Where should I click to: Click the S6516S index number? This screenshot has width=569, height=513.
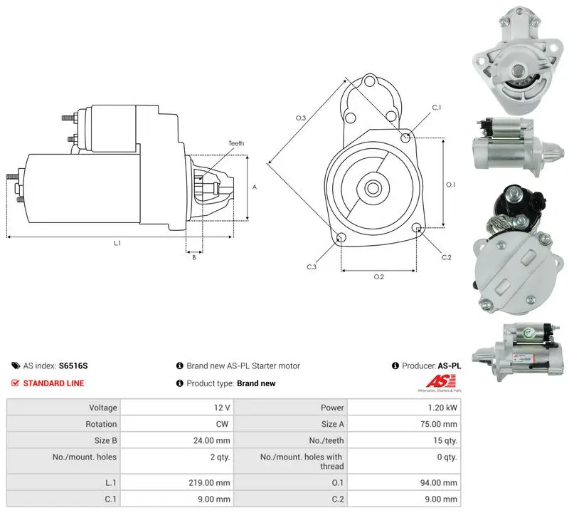pyautogui.click(x=73, y=366)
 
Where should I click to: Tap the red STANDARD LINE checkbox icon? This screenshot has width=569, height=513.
pyautogui.click(x=15, y=383)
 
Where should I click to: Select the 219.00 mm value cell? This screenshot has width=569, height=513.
pyautogui.click(x=209, y=482)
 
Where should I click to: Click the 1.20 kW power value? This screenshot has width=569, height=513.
pyautogui.click(x=442, y=408)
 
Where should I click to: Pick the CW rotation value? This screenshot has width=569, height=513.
pyautogui.click(x=222, y=424)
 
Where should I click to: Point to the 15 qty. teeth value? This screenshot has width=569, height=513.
pyautogui.click(x=445, y=440)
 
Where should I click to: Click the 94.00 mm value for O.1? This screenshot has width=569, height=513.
pyautogui.click(x=439, y=482)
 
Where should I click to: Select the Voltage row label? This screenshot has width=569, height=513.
pyautogui.click(x=103, y=408)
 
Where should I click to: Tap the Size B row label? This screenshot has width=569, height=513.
pyautogui.click(x=105, y=440)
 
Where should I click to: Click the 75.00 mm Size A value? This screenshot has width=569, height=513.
pyautogui.click(x=439, y=424)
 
